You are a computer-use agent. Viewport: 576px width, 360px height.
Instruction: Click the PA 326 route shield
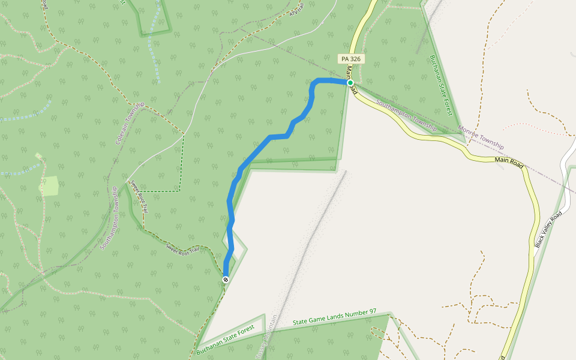coord(351,59)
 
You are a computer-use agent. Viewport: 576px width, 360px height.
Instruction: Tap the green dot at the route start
coord(350,83)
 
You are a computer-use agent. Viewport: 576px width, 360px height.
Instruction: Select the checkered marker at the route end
coord(226,280)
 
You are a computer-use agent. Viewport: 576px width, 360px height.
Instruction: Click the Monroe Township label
coord(481,137)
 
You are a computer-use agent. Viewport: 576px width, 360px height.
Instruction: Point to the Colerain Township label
coord(130,124)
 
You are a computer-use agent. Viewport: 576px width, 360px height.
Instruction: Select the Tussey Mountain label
coord(268,340)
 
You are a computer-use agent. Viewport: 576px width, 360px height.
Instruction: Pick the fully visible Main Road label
coord(509,162)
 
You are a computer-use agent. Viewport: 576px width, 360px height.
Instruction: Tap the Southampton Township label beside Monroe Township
coord(406,116)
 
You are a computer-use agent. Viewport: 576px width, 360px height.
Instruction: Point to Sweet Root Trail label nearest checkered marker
coord(182,248)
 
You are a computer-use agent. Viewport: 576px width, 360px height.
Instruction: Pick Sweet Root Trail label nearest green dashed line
coord(139,199)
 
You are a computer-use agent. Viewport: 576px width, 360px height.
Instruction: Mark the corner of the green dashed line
coord(179,191)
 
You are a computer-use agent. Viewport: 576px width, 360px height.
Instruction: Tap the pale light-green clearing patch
coord(49,187)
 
